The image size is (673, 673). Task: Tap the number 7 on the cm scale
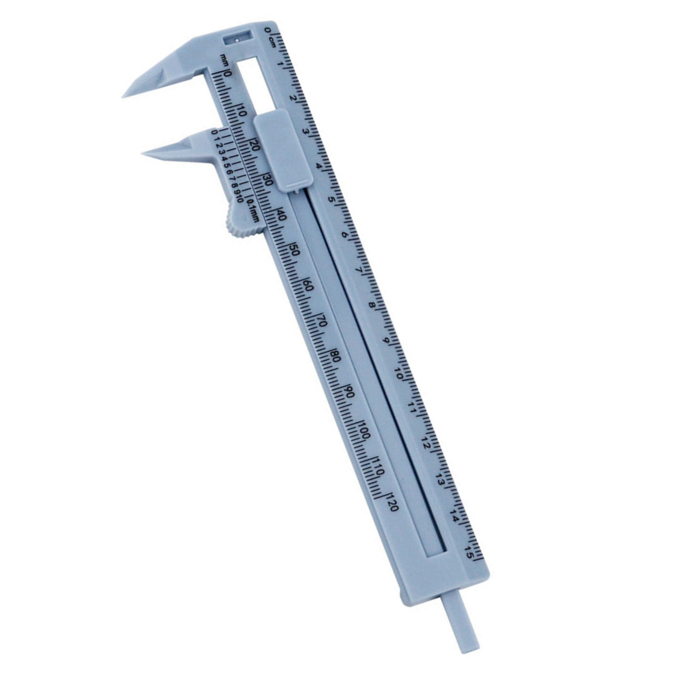(360, 270)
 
